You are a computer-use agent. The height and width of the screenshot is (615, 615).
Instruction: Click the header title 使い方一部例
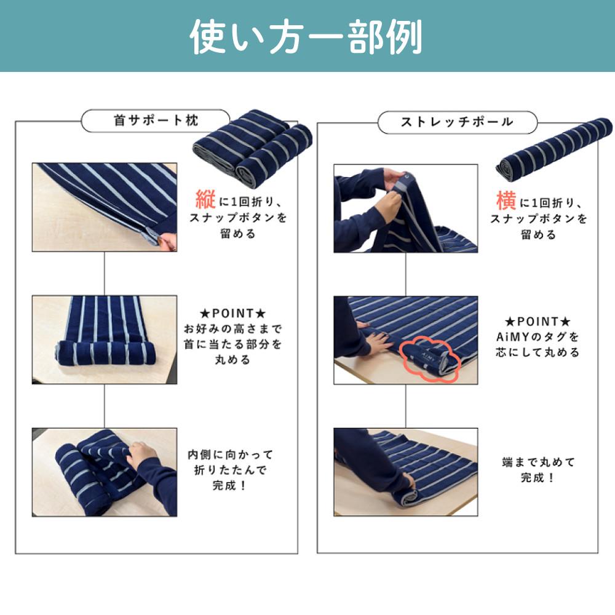tap(306, 37)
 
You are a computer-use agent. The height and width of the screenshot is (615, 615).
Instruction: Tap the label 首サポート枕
tap(156, 121)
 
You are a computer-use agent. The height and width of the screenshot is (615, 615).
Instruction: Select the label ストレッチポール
tap(457, 122)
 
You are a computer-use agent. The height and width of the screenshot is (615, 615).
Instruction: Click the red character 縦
tap(205, 199)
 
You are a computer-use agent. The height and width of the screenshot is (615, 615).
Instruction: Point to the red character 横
tap(506, 200)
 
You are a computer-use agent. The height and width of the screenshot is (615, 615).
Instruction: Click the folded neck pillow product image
tap(253, 147)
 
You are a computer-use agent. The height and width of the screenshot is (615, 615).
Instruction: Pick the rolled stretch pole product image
tap(554, 149)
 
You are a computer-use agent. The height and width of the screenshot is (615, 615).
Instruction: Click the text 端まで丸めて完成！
tap(538, 470)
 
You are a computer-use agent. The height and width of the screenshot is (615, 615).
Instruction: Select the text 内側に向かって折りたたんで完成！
tap(230, 470)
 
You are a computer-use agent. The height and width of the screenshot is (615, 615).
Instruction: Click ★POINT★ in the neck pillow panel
tap(233, 314)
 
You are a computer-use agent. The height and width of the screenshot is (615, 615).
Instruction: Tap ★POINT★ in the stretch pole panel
tap(538, 322)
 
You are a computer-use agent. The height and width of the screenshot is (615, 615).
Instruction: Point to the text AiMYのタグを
tap(538, 337)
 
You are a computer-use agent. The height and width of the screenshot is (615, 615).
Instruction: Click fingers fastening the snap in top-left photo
tap(167, 241)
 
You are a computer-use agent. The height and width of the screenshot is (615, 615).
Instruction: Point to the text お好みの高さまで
tap(233, 328)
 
